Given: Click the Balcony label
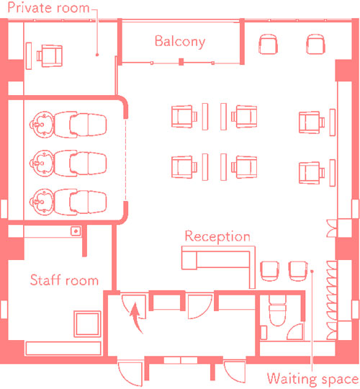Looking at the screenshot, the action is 180,42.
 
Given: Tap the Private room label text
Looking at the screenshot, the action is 48,7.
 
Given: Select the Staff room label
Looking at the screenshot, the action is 64,280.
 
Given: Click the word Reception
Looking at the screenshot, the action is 217,236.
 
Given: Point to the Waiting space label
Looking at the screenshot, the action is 313,379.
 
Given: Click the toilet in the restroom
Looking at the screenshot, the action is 277,310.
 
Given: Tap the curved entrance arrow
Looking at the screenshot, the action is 136,318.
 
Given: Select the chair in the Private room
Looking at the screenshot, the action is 50,55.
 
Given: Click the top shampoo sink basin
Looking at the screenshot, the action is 42,125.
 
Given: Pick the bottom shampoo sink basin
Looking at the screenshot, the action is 42,202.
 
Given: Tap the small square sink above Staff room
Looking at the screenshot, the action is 76,231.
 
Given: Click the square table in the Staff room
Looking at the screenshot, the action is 87,324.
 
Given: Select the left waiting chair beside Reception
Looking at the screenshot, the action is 270,271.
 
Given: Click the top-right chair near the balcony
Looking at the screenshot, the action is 315,44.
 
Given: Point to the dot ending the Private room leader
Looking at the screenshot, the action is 97,55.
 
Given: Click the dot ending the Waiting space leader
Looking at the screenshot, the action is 312,271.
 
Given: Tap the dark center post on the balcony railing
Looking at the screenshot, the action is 181,62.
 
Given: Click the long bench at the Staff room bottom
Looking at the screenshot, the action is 63,348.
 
